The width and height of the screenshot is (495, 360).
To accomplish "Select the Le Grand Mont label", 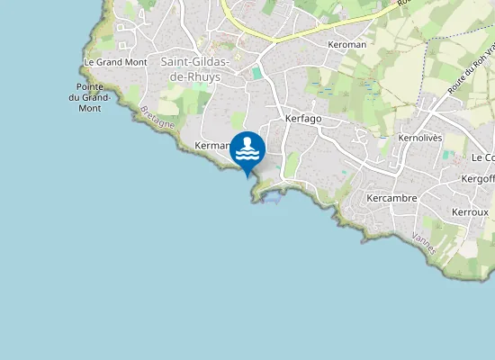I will coord(114,62).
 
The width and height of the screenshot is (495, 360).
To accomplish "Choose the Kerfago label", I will coord(302,119).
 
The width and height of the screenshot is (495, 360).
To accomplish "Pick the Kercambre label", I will coord(389,197).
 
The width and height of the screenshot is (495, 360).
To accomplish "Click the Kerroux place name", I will coord(470,212).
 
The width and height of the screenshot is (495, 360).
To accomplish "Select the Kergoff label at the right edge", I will coord(478,179).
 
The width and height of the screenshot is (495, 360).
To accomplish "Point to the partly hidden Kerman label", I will coord(211,145).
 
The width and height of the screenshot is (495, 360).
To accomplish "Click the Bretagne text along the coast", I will coord(157,118).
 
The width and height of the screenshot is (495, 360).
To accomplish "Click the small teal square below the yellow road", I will coord(256,73).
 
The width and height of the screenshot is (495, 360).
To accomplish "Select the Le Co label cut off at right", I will coord(483,157).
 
